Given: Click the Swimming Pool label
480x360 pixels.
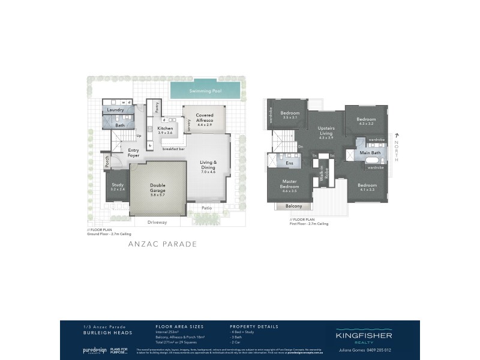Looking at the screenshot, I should [x=205, y=91].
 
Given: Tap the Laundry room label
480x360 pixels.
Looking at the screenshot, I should [x=115, y=110].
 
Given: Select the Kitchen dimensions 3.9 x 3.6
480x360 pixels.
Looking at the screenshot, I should [x=165, y=133].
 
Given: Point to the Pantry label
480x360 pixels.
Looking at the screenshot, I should [x=157, y=109].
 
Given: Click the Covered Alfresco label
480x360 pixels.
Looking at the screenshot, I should [x=205, y=117].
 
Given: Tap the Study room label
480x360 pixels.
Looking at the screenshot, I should [x=117, y=185].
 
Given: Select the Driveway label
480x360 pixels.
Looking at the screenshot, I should [x=157, y=222].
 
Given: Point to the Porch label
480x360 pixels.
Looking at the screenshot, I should [x=107, y=161].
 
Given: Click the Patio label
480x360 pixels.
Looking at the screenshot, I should [x=206, y=209].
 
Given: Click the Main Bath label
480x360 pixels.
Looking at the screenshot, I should [x=370, y=153].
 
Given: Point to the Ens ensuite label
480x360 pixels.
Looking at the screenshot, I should [x=289, y=163].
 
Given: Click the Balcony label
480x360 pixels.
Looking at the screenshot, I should [x=293, y=206].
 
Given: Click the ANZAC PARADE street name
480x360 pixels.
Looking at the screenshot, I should [x=162, y=244].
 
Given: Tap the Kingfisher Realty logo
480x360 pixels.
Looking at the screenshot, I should [x=364, y=337].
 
